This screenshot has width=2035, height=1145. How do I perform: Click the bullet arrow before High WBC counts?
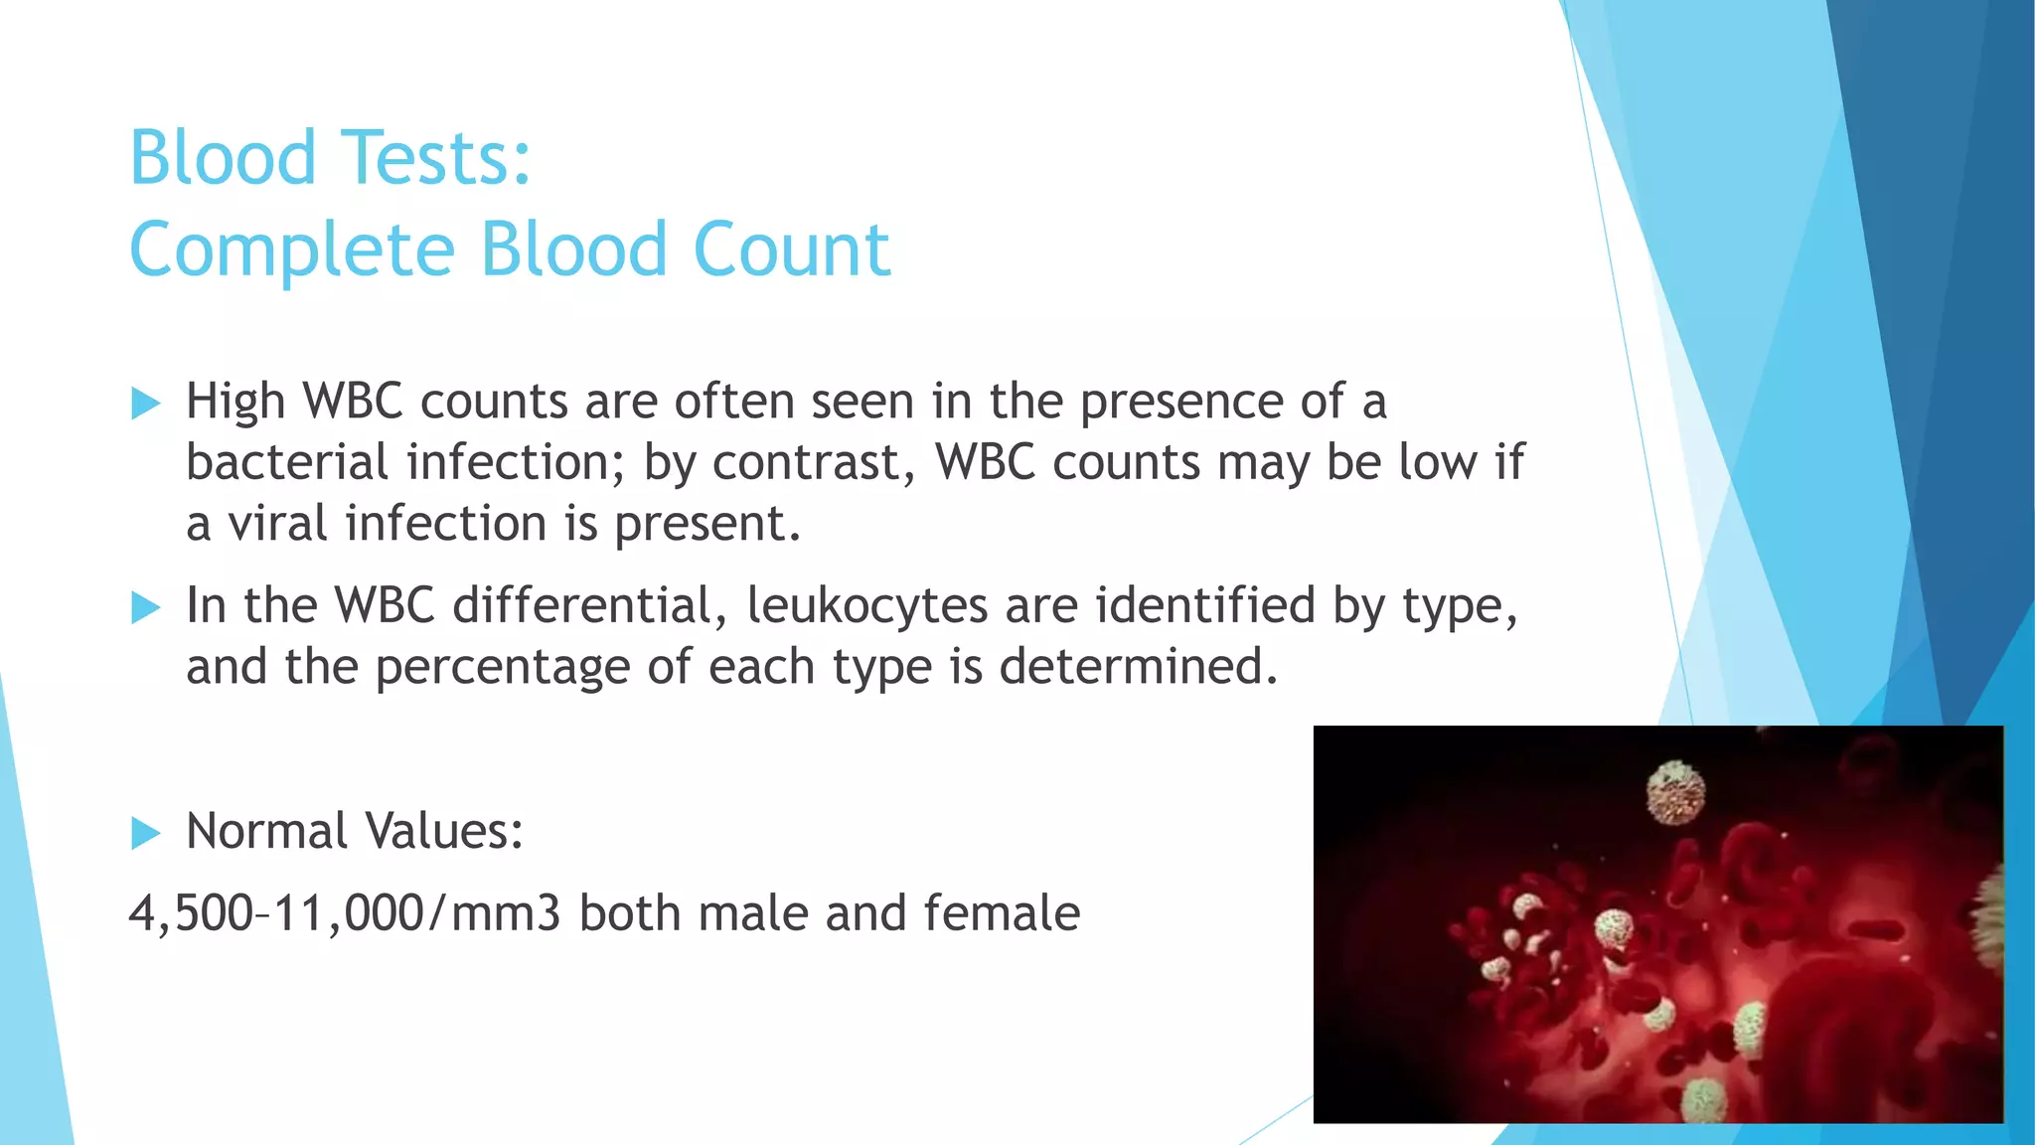coord(145,404)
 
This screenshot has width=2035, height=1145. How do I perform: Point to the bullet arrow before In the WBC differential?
coord(145,607)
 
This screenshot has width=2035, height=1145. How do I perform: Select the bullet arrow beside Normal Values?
coord(145,833)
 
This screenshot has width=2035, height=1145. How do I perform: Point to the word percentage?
coord(502,668)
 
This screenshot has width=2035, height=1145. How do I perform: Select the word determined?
coord(1137,666)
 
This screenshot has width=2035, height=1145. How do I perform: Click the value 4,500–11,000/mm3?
coord(345,913)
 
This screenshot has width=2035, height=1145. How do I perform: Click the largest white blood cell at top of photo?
coord(1675,792)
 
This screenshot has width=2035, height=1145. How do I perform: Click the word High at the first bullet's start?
coord(235,404)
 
